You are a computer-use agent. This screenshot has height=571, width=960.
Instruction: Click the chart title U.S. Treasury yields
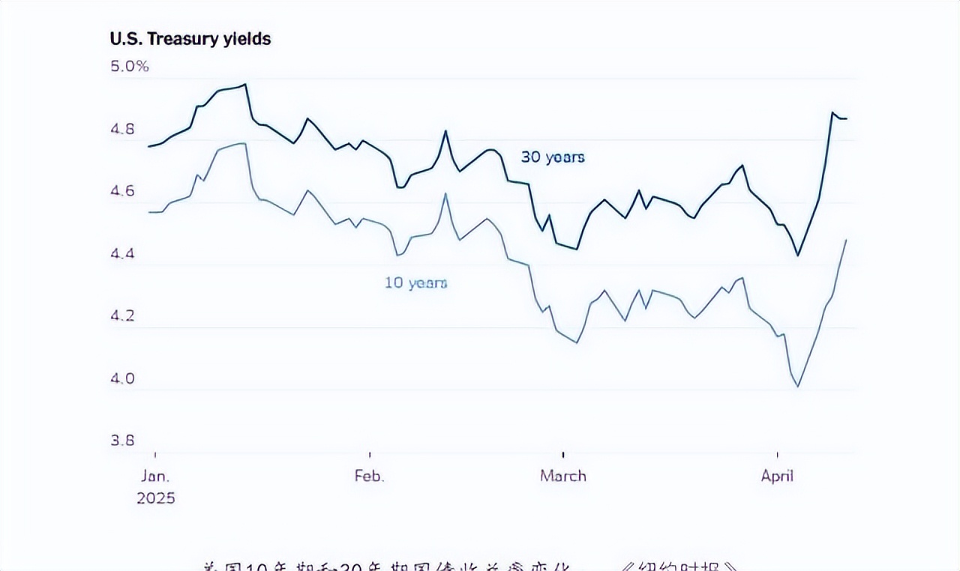190,39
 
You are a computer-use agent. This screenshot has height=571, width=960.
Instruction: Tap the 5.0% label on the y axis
130,66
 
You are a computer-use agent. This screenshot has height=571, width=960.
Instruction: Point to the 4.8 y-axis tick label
122,130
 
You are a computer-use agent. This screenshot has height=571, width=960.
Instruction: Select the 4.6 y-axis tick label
122,191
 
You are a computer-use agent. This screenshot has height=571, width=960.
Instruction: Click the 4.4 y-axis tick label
122,254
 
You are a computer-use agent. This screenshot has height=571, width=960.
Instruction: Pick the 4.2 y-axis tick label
122,315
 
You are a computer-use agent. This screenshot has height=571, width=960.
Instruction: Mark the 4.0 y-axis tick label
122,378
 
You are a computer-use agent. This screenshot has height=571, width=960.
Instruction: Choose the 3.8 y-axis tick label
122,440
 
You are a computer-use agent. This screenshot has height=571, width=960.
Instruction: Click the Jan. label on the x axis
155,476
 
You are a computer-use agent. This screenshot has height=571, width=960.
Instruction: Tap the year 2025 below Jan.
155,498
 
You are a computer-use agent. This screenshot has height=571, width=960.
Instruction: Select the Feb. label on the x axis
369,476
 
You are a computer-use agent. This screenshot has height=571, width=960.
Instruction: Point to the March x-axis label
562,476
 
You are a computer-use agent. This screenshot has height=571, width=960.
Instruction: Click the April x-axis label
777,476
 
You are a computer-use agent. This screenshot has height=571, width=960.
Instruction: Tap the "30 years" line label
553,157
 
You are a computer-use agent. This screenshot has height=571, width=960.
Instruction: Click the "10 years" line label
415,283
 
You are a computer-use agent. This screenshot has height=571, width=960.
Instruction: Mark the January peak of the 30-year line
245,85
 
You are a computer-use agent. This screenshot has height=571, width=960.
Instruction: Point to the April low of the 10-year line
798,387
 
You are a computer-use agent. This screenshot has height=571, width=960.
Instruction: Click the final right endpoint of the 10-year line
846,240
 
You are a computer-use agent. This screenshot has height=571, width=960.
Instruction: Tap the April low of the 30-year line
798,256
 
